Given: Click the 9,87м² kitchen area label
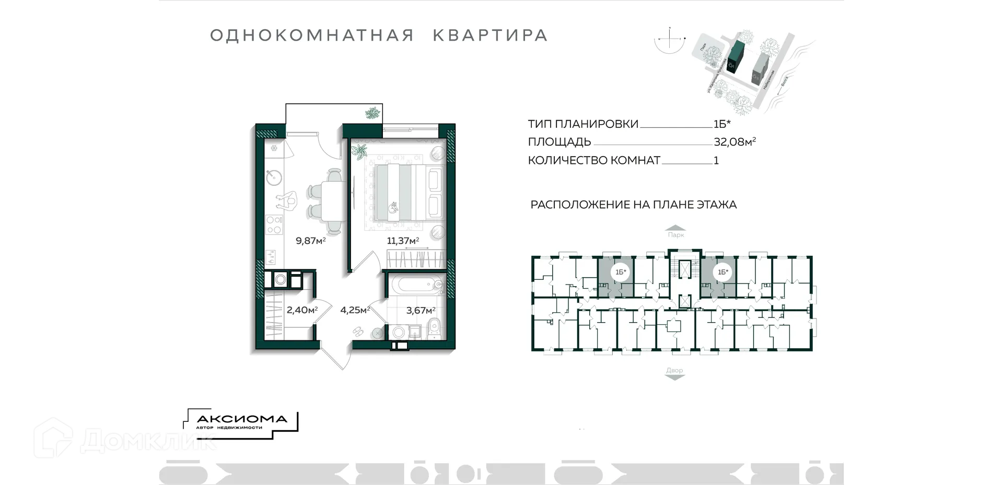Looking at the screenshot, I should [x=311, y=241].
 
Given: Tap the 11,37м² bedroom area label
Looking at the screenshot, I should [x=403, y=241].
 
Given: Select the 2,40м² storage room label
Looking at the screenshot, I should [x=302, y=310].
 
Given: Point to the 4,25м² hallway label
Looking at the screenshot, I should [x=355, y=310].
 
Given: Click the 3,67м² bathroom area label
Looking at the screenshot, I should [x=421, y=311].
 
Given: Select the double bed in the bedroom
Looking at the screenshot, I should [x=406, y=192].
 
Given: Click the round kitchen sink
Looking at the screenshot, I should [x=274, y=178].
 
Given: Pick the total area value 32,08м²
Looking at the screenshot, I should [x=734, y=142].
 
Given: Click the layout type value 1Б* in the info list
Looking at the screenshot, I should [x=722, y=124].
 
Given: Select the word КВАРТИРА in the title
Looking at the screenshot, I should [x=490, y=36].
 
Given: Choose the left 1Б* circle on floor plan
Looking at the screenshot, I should [x=621, y=272].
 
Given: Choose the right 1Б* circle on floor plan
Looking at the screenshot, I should [x=723, y=272].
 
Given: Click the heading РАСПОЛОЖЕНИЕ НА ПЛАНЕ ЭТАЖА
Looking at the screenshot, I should [x=633, y=205].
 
